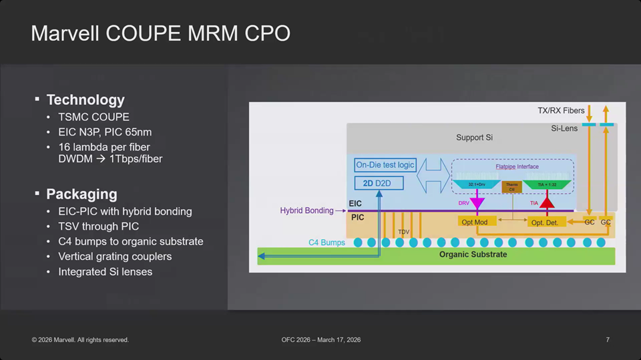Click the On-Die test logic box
(x=385, y=165)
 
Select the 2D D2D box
(x=379, y=183)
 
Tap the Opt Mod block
(x=474, y=222)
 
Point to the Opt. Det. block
(x=546, y=222)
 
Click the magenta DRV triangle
(x=477, y=201)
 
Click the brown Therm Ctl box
(x=512, y=188)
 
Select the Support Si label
(x=475, y=138)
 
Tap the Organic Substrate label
(x=473, y=254)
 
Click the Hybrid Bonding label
(x=306, y=210)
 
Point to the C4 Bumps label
(x=327, y=242)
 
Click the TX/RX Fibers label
(x=561, y=110)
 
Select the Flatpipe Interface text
(x=517, y=166)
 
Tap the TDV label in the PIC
(x=403, y=232)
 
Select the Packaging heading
(x=81, y=194)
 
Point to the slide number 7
(x=608, y=340)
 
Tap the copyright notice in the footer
(x=80, y=340)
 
